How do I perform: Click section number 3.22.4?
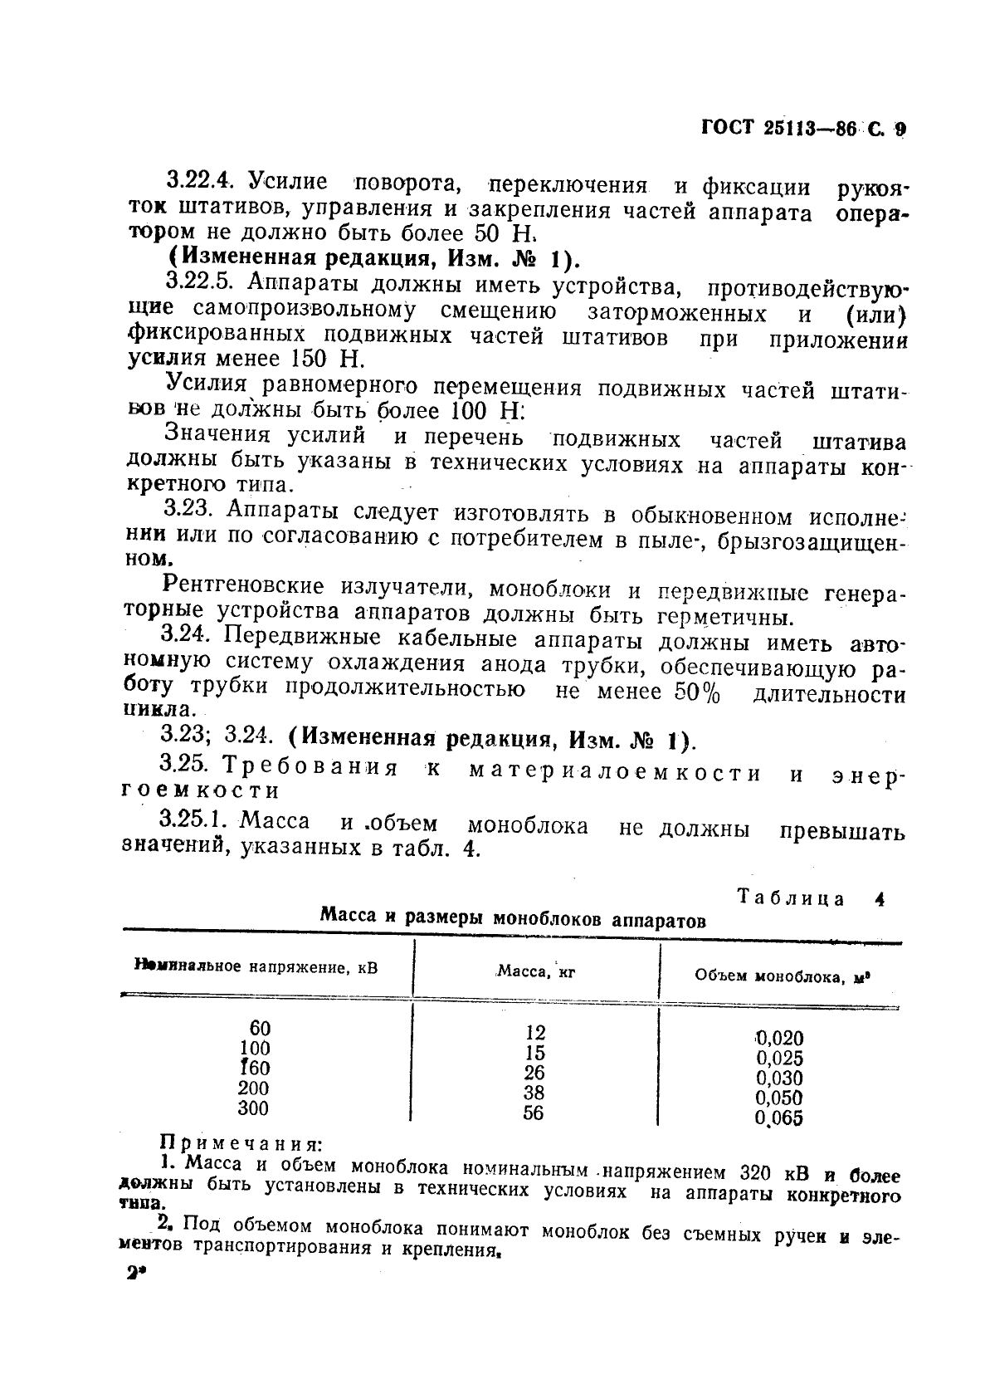199,182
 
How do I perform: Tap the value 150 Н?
328,360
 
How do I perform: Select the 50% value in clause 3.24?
691,692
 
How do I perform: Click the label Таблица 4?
809,899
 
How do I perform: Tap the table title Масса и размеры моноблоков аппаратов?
513,920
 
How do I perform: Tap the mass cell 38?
534,1093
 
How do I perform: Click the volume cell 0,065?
779,1118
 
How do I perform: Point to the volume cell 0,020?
779,1038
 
